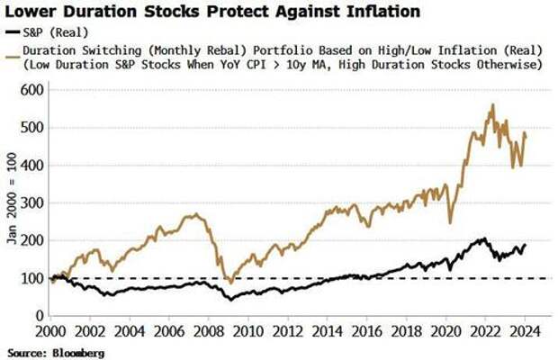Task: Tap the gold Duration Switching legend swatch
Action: (12, 50)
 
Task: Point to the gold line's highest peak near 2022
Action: (491, 105)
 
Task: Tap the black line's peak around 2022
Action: (483, 238)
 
